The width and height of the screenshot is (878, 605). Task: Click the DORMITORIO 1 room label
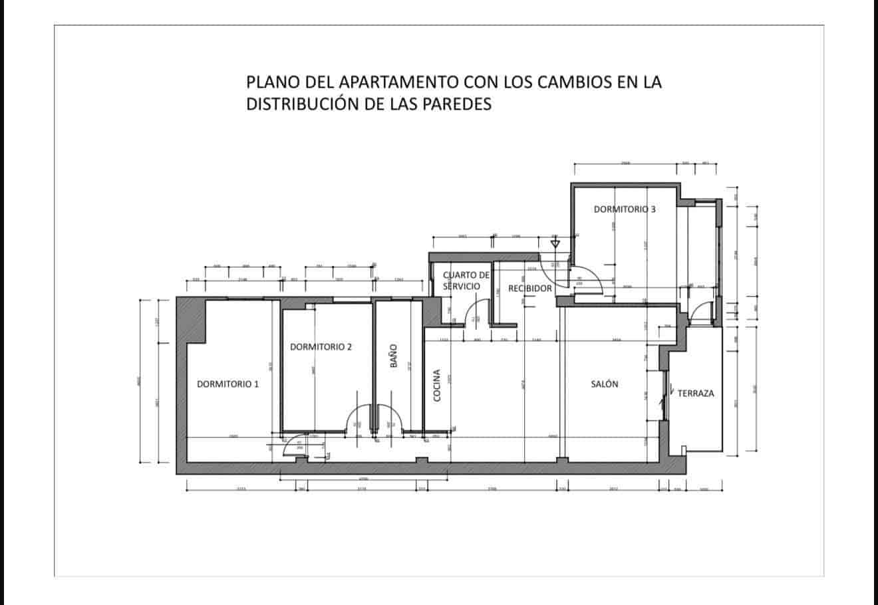tap(227, 384)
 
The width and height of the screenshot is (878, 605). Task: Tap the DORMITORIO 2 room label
tap(321, 346)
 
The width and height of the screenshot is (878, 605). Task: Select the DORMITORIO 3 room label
tap(625, 209)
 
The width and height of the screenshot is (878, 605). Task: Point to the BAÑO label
tap(392, 357)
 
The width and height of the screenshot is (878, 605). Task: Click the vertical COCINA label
tap(437, 385)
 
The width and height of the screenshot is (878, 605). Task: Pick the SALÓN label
tap(605, 384)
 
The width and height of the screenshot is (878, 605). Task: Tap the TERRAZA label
tap(696, 393)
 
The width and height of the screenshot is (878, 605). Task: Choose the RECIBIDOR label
tap(530, 288)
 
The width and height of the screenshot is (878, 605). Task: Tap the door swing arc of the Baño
tap(391, 416)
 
